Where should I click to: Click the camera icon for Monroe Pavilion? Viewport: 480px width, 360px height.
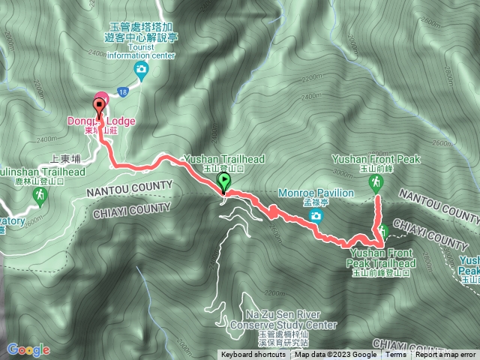coord(316,217)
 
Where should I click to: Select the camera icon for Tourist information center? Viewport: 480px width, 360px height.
coord(140,70)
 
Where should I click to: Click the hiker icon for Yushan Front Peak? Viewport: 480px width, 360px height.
coord(377,181)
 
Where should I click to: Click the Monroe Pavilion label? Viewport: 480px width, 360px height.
coord(315,193)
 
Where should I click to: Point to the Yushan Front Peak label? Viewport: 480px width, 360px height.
coord(376,159)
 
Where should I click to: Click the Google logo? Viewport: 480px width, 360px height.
coord(28,349)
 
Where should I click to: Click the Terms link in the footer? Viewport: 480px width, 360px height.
coord(396,355)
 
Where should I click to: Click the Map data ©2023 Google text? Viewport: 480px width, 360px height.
coord(335,355)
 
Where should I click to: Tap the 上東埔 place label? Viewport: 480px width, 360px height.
coord(64,159)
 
